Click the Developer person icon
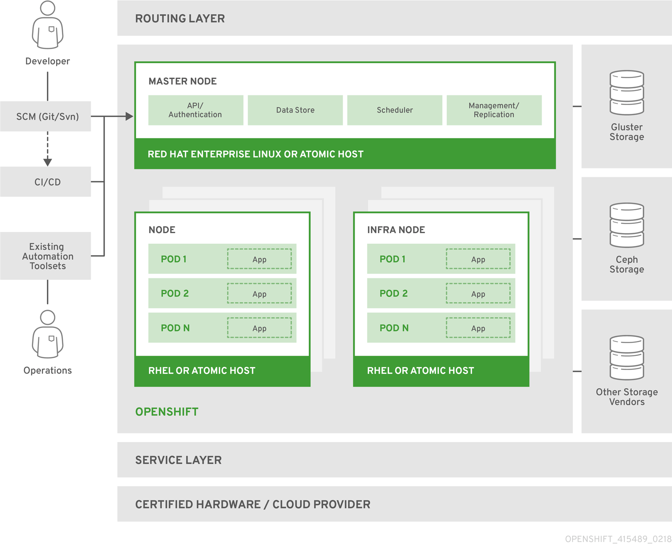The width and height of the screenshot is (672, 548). pos(48,25)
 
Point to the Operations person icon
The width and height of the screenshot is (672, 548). pos(48,334)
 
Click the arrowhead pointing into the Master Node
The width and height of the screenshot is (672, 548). pos(129,117)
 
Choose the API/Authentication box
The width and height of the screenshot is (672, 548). pos(195,110)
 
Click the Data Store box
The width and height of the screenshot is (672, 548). pos(295,110)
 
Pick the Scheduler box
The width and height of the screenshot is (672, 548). pos(394,110)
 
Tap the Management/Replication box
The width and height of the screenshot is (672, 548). pos(494,110)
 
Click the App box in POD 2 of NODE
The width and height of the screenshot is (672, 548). pos(260,294)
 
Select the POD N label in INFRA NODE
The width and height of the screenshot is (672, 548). pos(394,328)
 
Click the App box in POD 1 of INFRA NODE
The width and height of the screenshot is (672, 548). pos(478,259)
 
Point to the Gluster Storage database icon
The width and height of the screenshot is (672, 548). pos(626,93)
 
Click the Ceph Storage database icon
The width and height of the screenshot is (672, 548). pos(626,225)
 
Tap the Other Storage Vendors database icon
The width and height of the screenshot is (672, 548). pos(626,358)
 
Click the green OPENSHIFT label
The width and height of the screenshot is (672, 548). pos(167,412)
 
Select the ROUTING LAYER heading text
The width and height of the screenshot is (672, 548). pos(180,19)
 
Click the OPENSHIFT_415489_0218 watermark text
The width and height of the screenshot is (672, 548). pos(618,539)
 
